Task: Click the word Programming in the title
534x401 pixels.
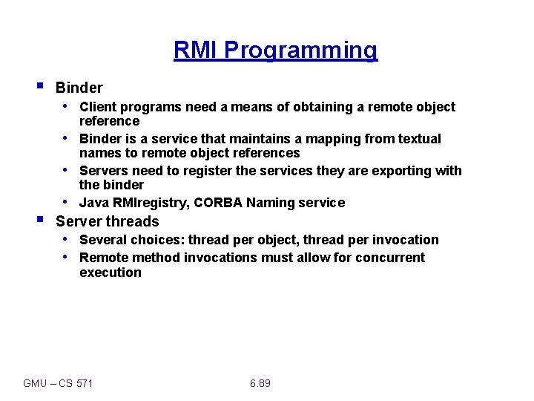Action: point(300,50)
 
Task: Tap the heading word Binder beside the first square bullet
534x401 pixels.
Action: point(79,88)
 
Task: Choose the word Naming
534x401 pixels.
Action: point(271,203)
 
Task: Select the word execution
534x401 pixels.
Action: point(110,273)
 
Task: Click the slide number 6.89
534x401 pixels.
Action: point(260,383)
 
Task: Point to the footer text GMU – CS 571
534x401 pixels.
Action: point(59,383)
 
